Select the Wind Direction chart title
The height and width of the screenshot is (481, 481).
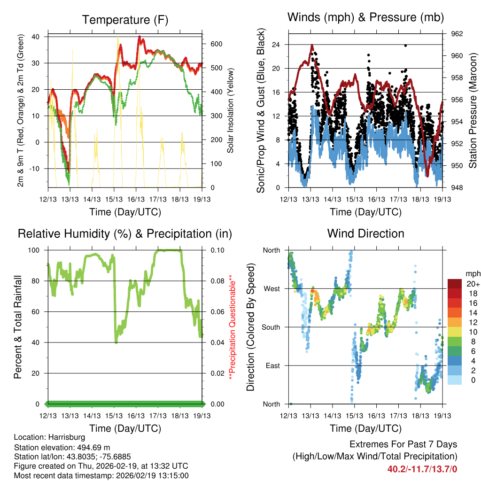click(x=365, y=233)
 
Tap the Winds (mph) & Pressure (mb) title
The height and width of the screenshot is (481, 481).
click(x=365, y=17)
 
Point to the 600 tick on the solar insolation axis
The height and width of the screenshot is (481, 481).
click(x=215, y=44)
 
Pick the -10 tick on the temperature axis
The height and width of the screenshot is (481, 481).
click(x=36, y=169)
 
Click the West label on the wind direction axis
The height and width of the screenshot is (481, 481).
click(x=272, y=288)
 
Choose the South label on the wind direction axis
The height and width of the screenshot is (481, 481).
click(x=271, y=327)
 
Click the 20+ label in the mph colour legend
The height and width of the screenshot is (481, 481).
click(x=473, y=284)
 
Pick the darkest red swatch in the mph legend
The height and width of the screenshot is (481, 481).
click(x=455, y=284)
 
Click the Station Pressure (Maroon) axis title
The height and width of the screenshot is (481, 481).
click(x=473, y=111)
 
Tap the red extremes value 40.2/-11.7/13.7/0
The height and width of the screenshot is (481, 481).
click(x=422, y=469)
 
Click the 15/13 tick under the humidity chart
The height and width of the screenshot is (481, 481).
click(x=114, y=416)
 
